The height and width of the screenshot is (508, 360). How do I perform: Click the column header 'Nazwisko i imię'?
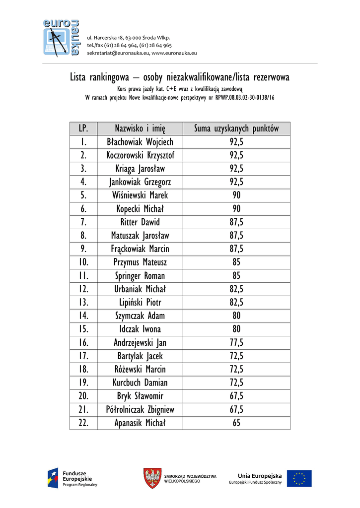tap(140, 128)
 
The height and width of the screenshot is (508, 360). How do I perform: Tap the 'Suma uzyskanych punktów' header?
tap(236, 128)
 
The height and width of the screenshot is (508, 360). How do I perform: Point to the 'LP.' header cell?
tap(83, 128)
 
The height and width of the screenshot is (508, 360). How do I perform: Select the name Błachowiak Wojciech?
tap(140, 142)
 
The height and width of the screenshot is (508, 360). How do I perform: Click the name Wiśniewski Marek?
tap(140, 195)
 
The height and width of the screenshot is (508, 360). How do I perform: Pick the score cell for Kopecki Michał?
tap(236, 209)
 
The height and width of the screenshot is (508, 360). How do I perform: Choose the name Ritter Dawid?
tap(140, 222)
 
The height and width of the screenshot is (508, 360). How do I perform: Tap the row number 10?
tap(83, 262)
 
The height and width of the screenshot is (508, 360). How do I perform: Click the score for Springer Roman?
tap(236, 276)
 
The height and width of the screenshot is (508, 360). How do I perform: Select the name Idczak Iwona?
tap(140, 329)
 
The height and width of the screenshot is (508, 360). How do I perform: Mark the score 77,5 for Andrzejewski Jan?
tap(236, 343)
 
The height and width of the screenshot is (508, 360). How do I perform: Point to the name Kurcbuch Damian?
tap(140, 383)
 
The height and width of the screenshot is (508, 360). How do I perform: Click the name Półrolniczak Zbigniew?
tap(140, 410)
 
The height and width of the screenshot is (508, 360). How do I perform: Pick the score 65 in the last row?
tap(236, 423)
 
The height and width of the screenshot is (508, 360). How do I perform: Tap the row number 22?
tap(83, 423)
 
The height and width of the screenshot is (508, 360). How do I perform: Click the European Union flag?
tap(299, 479)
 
